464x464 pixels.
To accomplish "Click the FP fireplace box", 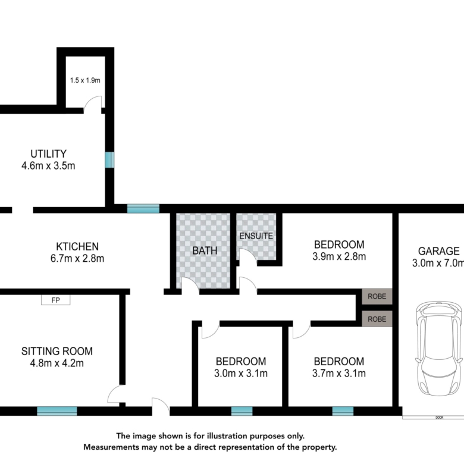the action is pos(56,300).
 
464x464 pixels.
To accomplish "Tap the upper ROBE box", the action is pos(377,296).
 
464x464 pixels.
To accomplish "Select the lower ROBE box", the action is pos(377,319).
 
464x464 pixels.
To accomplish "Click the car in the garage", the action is pos(439,348).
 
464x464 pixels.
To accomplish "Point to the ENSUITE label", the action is pos(256,236).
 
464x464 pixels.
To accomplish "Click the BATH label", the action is pos(205,250).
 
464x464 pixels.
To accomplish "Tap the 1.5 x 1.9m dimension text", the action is pos(85,80).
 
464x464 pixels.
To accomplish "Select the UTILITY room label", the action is pos(49,154).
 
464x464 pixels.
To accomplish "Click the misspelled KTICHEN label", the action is pos(77,246).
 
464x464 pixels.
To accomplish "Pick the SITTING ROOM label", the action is pos(57,351).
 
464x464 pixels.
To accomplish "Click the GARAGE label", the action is pos(439,251).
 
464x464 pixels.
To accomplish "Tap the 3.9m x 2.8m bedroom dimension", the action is pos(339,256).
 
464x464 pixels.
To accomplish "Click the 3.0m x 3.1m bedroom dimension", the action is pos(241,374).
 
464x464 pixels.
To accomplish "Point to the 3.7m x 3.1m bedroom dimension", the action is pos(339,374).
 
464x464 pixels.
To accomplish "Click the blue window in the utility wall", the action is pos(109,160).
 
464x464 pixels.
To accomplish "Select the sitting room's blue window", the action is pos(57,411).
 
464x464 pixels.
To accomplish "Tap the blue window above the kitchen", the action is pos(143,209).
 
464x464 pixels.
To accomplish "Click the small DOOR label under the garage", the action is pos(440,418).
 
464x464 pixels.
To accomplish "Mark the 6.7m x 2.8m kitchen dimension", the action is pos(77,259).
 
